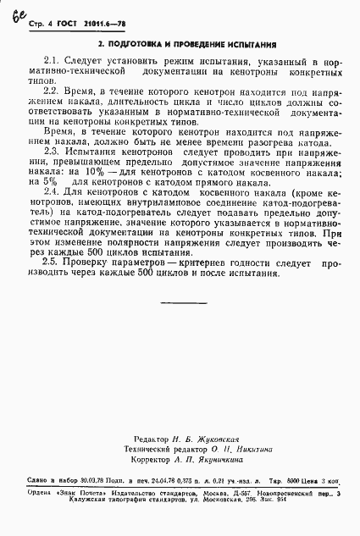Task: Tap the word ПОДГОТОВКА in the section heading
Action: (141, 43)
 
